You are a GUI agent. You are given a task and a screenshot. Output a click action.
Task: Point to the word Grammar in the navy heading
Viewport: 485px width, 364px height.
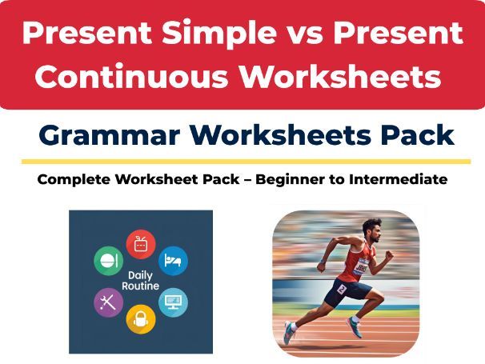101,135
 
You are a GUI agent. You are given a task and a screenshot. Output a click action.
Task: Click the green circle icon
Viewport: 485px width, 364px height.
106,260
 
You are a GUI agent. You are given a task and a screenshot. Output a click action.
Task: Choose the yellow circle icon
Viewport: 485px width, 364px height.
141,318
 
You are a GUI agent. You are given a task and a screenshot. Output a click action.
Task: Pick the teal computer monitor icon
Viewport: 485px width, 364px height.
173,302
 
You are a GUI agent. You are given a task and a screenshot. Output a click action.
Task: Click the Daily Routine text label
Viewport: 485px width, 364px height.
140,281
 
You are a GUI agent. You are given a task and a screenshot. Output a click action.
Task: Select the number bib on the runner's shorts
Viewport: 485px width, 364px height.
343,289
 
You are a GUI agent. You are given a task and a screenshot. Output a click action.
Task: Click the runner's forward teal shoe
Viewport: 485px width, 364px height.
353,327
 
